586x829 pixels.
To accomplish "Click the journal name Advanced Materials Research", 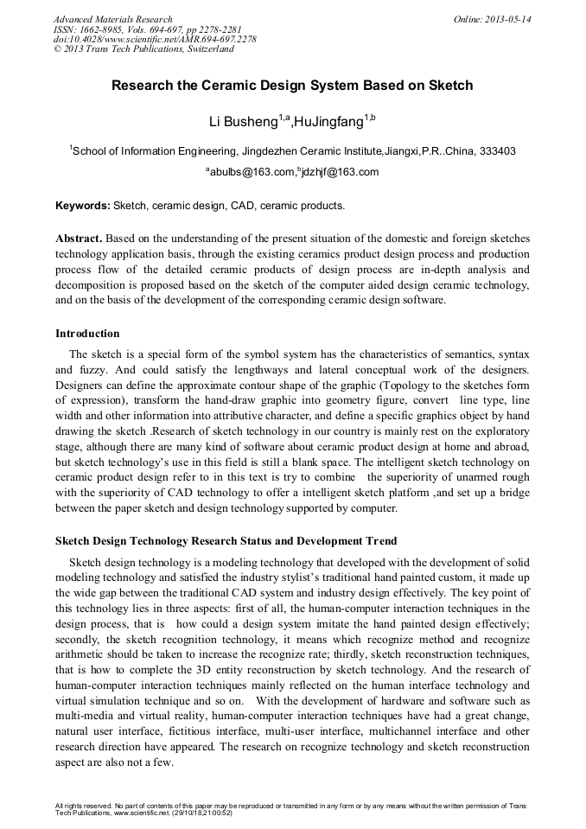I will [x=112, y=19].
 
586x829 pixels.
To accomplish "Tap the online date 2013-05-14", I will [x=509, y=19].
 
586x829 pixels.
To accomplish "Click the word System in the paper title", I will [x=346, y=86].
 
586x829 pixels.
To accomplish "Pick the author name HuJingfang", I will [x=328, y=121].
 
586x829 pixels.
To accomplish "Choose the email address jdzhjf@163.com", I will [x=340, y=172].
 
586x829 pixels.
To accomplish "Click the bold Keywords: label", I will [x=83, y=206].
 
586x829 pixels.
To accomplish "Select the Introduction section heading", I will [x=87, y=334].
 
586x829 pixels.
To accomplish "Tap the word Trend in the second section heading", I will [x=379, y=540].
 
